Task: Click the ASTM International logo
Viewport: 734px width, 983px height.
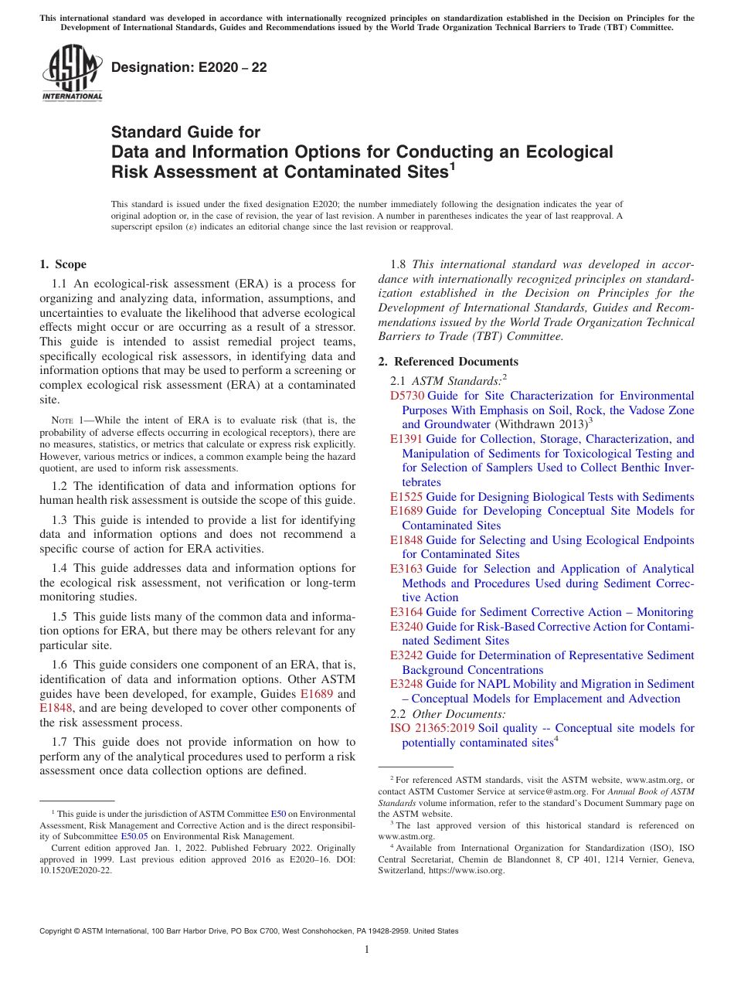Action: (72, 73)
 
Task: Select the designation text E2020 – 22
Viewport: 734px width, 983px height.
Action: (189, 68)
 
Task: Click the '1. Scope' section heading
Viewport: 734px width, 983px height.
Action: (63, 264)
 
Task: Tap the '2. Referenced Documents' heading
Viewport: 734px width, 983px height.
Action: (448, 362)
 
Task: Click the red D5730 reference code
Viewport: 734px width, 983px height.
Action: (406, 396)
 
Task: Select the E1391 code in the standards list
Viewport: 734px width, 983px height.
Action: (406, 439)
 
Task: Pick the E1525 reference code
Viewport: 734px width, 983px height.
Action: (406, 497)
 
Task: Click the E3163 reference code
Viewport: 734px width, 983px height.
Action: (406, 569)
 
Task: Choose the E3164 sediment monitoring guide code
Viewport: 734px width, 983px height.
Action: (406, 612)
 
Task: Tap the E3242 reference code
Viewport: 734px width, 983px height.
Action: (406, 655)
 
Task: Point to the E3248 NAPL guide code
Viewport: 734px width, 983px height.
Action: (406, 684)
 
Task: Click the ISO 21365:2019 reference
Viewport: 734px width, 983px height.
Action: (433, 728)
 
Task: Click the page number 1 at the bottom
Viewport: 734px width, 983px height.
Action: (367, 950)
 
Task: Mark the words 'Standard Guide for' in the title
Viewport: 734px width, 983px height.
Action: (186, 132)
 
